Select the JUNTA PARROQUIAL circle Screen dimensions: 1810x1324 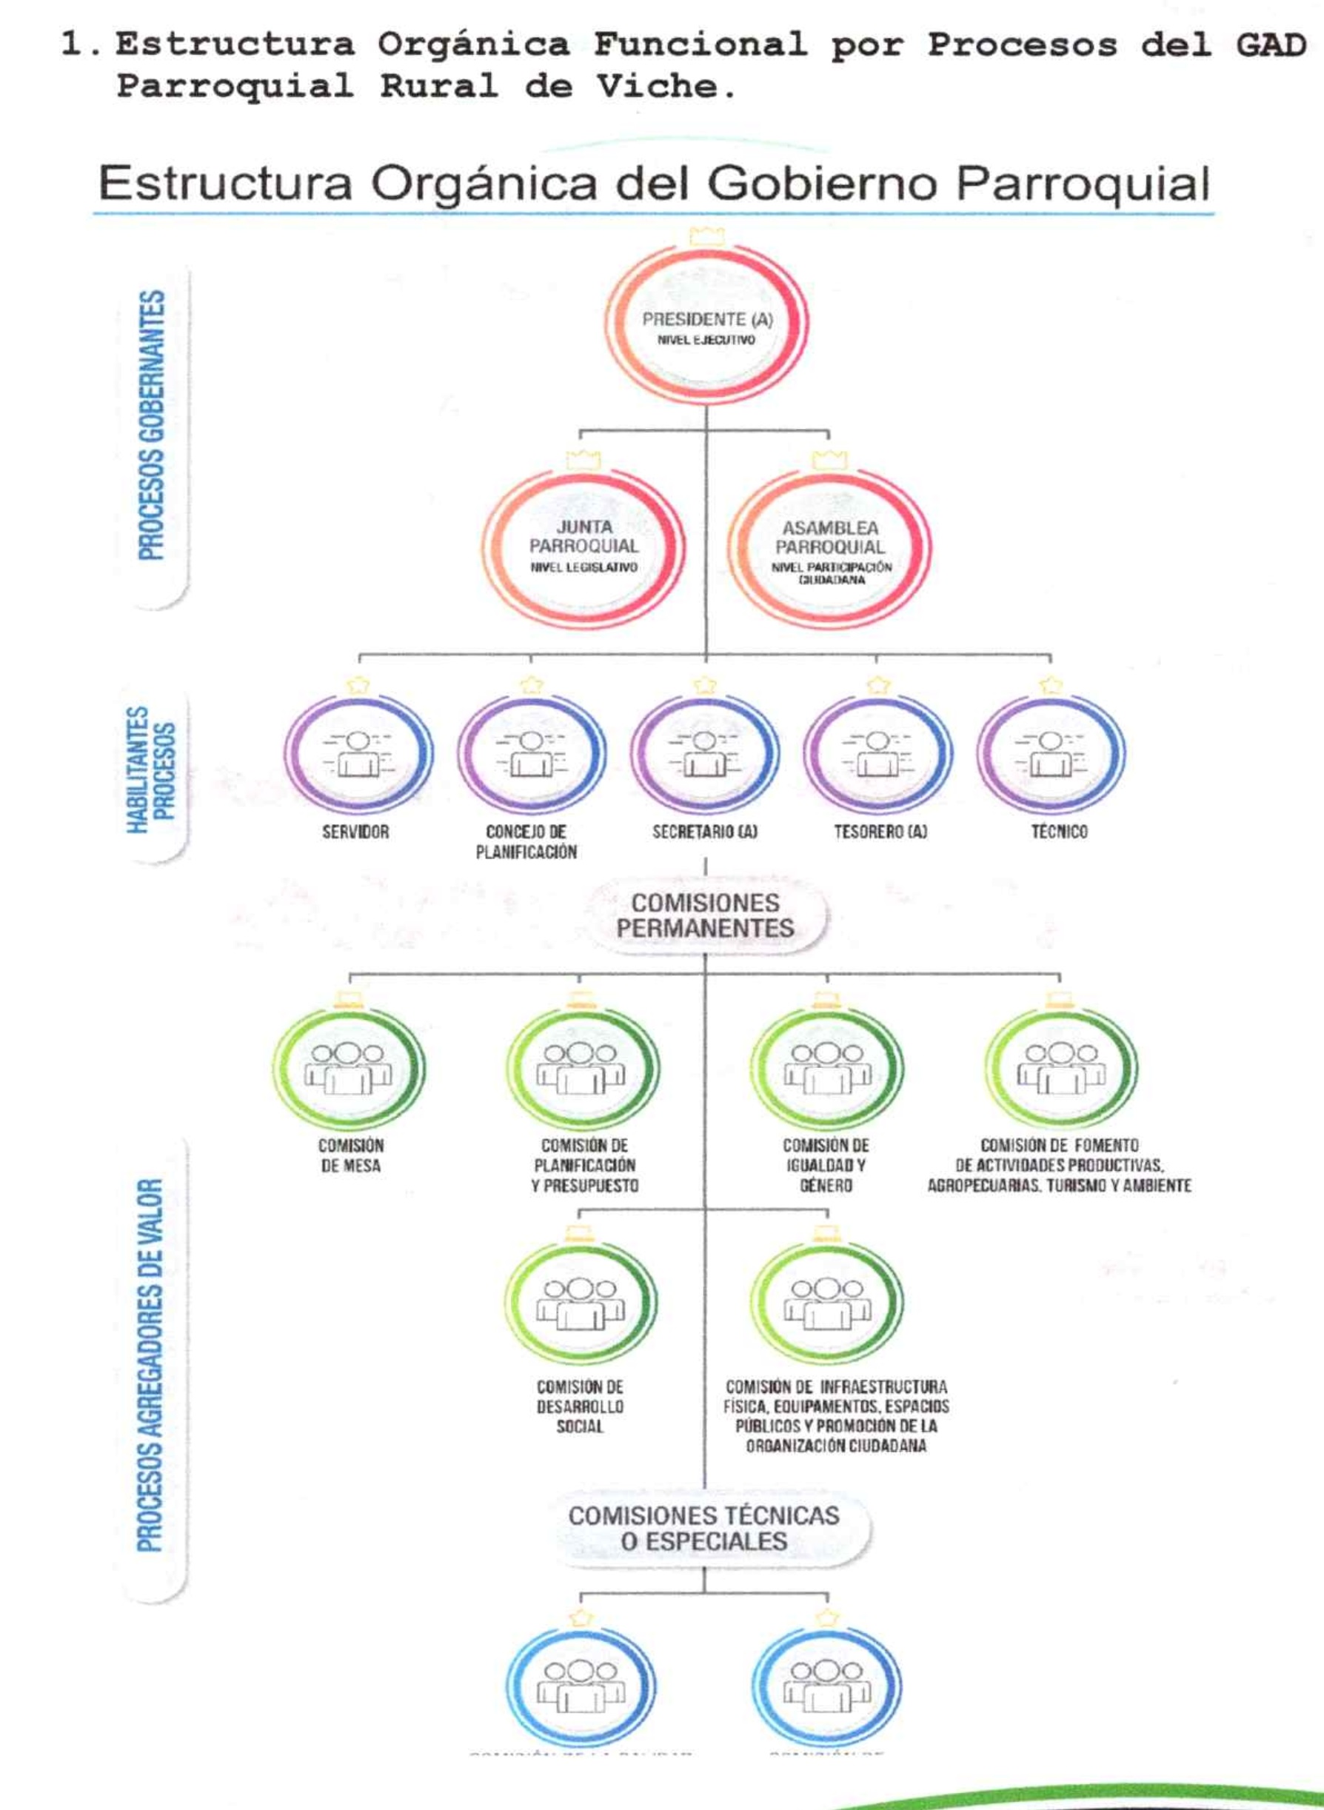click(x=584, y=547)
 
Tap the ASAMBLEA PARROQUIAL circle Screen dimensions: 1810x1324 click(x=829, y=548)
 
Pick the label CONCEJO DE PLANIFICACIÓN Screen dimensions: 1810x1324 click(x=526, y=841)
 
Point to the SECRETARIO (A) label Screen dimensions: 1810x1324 click(x=704, y=832)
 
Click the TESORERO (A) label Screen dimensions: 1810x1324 click(x=880, y=832)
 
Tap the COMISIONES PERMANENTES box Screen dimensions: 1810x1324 click(x=705, y=915)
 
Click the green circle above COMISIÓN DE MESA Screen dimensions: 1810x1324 click(x=349, y=1069)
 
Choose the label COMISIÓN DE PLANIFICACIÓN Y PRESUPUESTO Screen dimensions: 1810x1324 click(x=584, y=1166)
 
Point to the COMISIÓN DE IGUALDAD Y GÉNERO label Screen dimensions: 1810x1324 click(x=826, y=1166)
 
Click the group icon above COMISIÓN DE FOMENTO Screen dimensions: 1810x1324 click(x=1061, y=1068)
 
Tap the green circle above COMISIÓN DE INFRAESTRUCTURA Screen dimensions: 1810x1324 click(x=827, y=1303)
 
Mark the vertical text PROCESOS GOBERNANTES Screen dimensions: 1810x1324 click(x=152, y=425)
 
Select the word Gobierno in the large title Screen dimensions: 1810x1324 click(x=821, y=184)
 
